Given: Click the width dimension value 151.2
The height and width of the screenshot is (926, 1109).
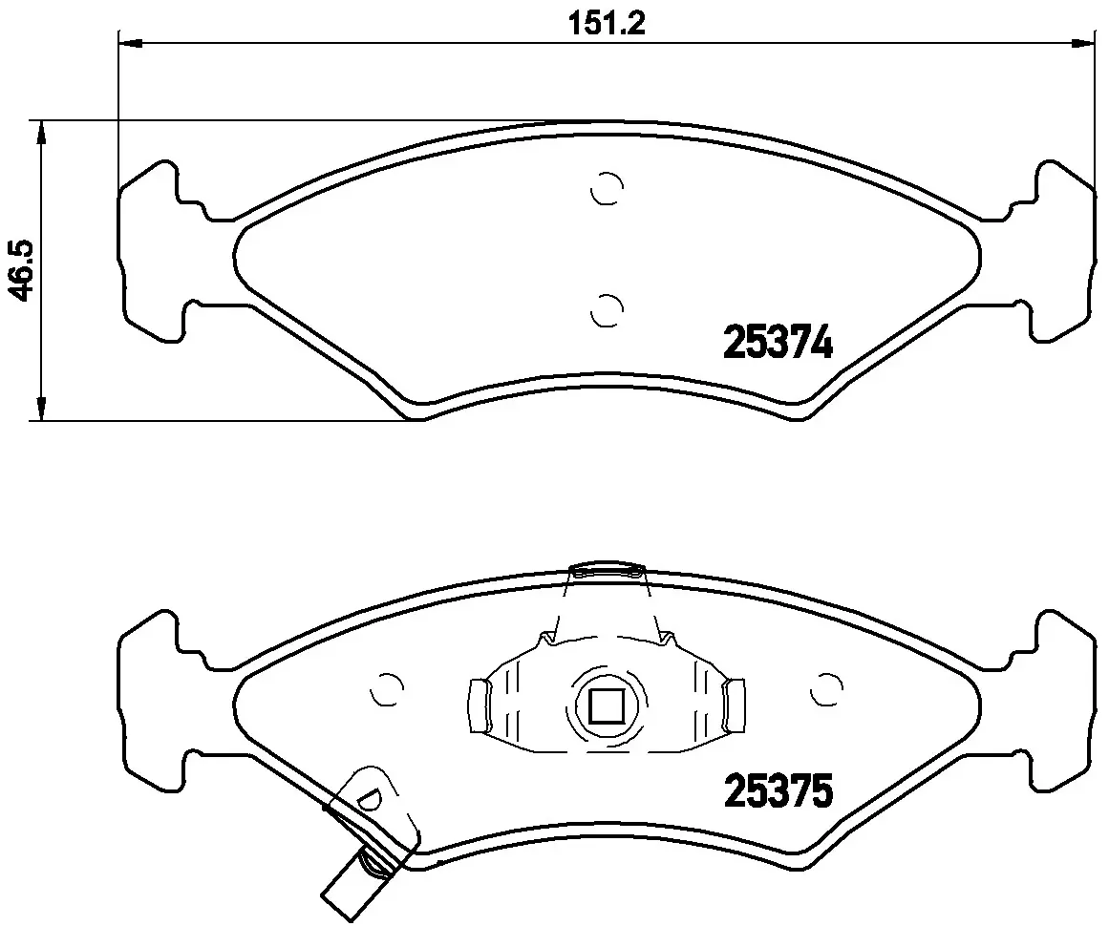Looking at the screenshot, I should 607,24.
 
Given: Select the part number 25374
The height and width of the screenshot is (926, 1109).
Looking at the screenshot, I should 778,343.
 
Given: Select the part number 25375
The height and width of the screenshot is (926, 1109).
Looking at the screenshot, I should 778,790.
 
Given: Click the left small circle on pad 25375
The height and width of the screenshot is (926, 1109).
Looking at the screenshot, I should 387,688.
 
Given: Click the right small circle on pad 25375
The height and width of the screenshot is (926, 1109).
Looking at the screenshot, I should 825,688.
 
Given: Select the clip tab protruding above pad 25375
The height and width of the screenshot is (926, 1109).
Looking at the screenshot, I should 608,571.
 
